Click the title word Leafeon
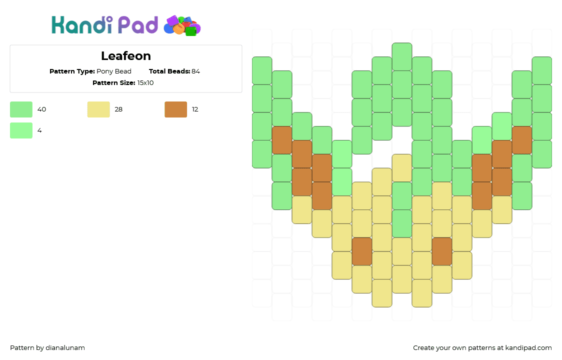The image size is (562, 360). [x=126, y=56]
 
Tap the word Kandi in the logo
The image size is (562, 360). [x=82, y=24]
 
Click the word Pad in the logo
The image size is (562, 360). [x=138, y=25]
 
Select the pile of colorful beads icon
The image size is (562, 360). [x=182, y=25]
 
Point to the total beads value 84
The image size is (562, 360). [x=195, y=71]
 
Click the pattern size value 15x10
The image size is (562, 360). [x=145, y=83]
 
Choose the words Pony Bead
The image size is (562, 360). [x=114, y=71]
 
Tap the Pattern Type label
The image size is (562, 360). [x=72, y=71]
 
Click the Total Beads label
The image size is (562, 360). [x=169, y=71]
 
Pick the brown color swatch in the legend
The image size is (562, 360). [x=175, y=109]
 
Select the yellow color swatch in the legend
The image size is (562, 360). [x=98, y=109]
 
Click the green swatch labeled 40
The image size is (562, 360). [x=21, y=109]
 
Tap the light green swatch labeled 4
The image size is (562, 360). [x=21, y=130]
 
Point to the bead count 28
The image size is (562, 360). [x=118, y=109]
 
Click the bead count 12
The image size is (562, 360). [x=195, y=109]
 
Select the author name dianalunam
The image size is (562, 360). [x=65, y=348]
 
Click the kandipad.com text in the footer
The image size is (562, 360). [x=528, y=348]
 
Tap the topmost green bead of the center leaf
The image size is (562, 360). [x=402, y=56]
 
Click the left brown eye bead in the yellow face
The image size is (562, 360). [x=362, y=251]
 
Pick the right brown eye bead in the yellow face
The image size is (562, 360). [x=442, y=251]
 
